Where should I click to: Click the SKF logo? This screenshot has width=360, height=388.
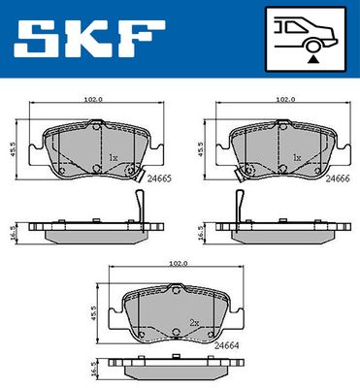[89, 39]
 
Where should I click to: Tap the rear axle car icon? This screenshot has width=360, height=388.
[306, 39]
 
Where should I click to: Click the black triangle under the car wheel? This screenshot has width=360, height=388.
[312, 59]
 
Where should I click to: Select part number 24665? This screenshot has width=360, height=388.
[158, 178]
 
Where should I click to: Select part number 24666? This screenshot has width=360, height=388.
[338, 178]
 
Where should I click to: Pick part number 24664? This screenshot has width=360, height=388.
[227, 345]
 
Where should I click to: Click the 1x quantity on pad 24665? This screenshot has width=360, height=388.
[114, 158]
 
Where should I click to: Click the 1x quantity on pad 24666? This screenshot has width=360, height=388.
[297, 158]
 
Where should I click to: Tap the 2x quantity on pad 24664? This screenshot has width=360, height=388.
[194, 323]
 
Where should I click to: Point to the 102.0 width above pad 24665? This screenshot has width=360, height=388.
[93, 100]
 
